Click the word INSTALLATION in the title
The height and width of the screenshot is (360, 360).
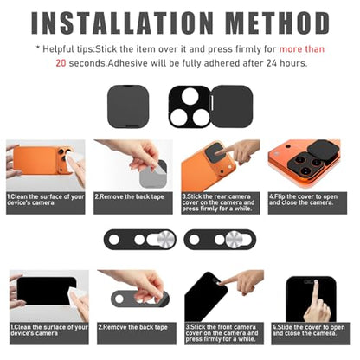coord(122,22)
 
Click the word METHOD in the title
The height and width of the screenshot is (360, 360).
coord(277,22)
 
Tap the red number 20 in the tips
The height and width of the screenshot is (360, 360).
coord(61,63)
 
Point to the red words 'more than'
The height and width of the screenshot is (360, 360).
coord(302,49)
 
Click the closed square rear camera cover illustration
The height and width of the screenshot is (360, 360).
coord(128,106)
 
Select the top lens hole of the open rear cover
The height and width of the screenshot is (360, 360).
coord(190,96)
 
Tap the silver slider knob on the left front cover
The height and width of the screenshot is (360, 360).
coord(165,240)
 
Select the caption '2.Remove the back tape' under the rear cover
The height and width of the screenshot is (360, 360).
coord(129,197)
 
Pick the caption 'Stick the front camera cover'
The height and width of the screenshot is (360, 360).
coord(221,330)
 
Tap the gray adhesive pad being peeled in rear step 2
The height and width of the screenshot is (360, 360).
coord(153,174)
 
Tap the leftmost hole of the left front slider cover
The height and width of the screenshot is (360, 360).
coord(114,240)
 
